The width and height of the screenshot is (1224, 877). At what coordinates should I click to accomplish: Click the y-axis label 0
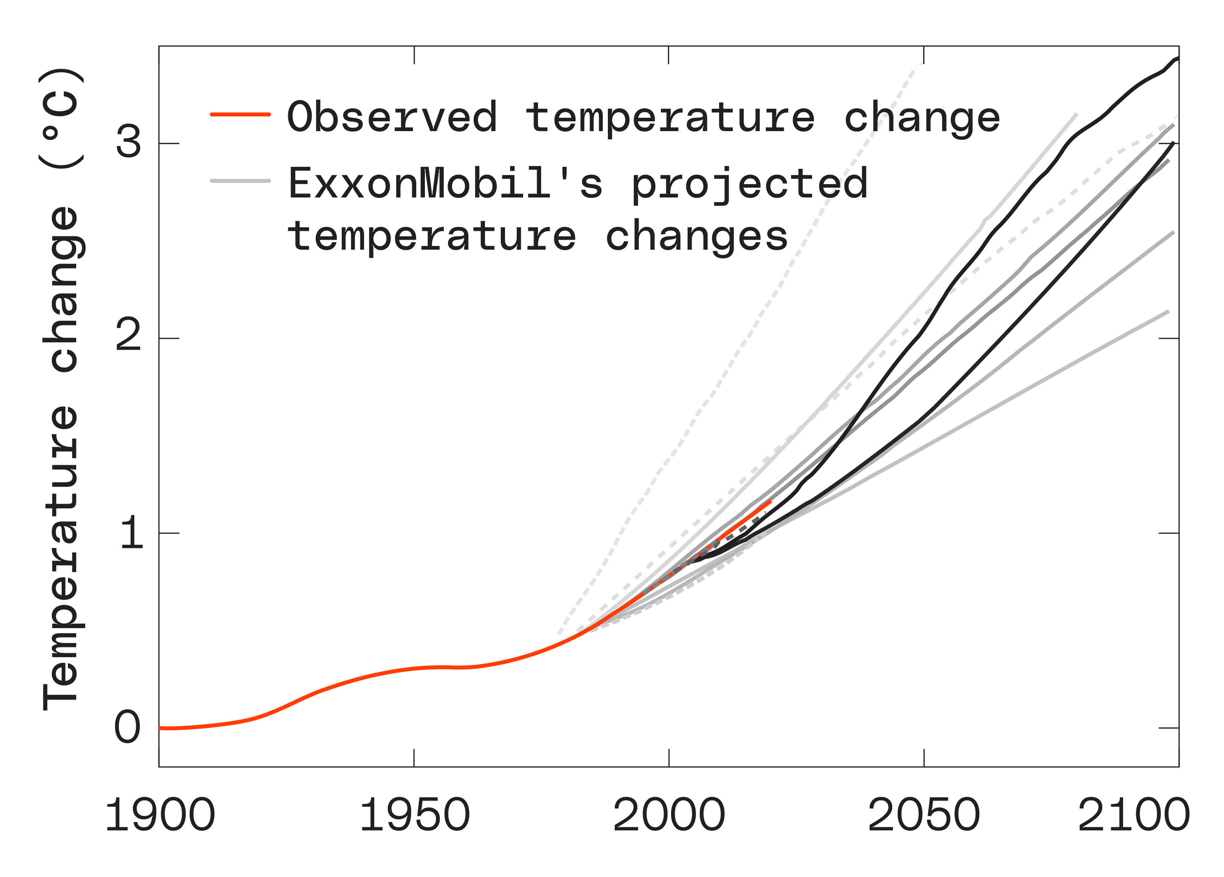click(128, 728)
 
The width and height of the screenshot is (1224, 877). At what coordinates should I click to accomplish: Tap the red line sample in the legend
click(240, 114)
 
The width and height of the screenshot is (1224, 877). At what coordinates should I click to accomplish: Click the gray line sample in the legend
click(240, 181)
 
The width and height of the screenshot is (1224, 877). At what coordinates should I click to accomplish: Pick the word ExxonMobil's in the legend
click(445, 184)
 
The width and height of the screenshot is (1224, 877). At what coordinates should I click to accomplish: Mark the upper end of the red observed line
click(770, 502)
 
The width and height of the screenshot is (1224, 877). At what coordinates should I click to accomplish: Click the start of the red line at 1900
click(161, 728)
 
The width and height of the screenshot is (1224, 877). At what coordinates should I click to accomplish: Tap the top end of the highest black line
click(1178, 58)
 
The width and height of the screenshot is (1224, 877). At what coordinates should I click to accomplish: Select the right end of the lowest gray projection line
click(1168, 312)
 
